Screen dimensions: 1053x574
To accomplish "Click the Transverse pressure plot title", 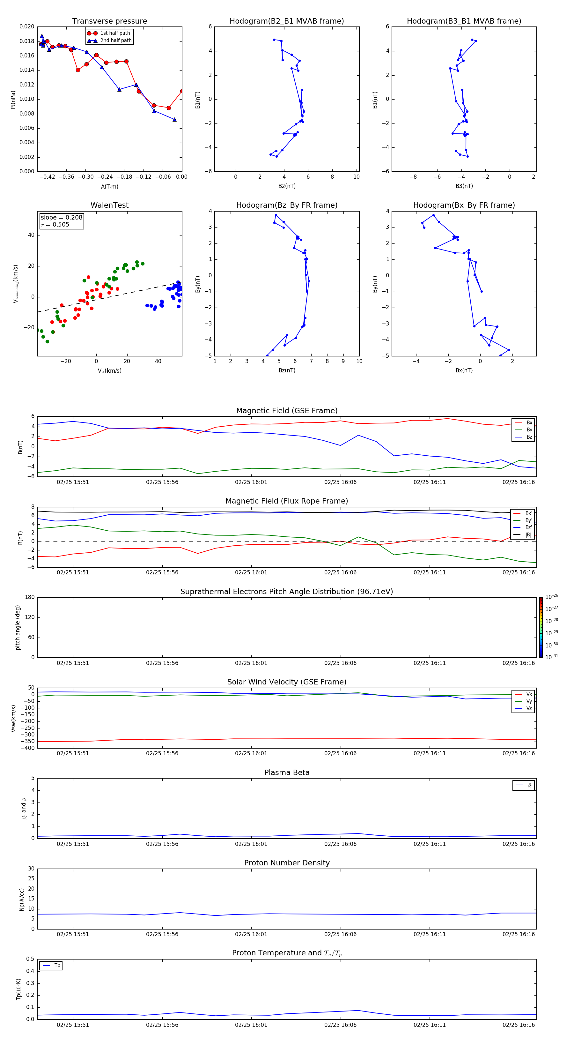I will pyautogui.click(x=109, y=21).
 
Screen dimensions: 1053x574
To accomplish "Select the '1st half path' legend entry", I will pyautogui.click(x=115, y=33).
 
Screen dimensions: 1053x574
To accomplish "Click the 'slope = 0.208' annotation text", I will pyautogui.click(x=61, y=218).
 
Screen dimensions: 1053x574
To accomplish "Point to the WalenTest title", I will pyautogui.click(x=109, y=205).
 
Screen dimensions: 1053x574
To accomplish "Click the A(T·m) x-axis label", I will pyautogui.click(x=109, y=187).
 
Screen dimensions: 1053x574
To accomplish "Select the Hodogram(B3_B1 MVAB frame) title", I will pyautogui.click(x=464, y=21).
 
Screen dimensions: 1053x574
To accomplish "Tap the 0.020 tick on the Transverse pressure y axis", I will pyautogui.click(x=27, y=26).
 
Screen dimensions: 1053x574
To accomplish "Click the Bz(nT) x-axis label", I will pyautogui.click(x=287, y=370).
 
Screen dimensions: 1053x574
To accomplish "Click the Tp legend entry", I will pyautogui.click(x=57, y=966).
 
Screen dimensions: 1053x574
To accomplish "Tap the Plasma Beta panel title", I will pyautogui.click(x=287, y=773).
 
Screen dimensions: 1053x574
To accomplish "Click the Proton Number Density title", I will pyautogui.click(x=287, y=863).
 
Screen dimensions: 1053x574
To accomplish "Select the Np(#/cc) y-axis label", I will pyautogui.click(x=22, y=899).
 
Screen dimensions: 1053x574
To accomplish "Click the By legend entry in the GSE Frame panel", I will pyautogui.click(x=529, y=429).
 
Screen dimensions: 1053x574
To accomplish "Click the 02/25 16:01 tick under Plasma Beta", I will pyautogui.click(x=251, y=844).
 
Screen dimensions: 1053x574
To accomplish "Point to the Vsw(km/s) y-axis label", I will pyautogui.click(x=13, y=718).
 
